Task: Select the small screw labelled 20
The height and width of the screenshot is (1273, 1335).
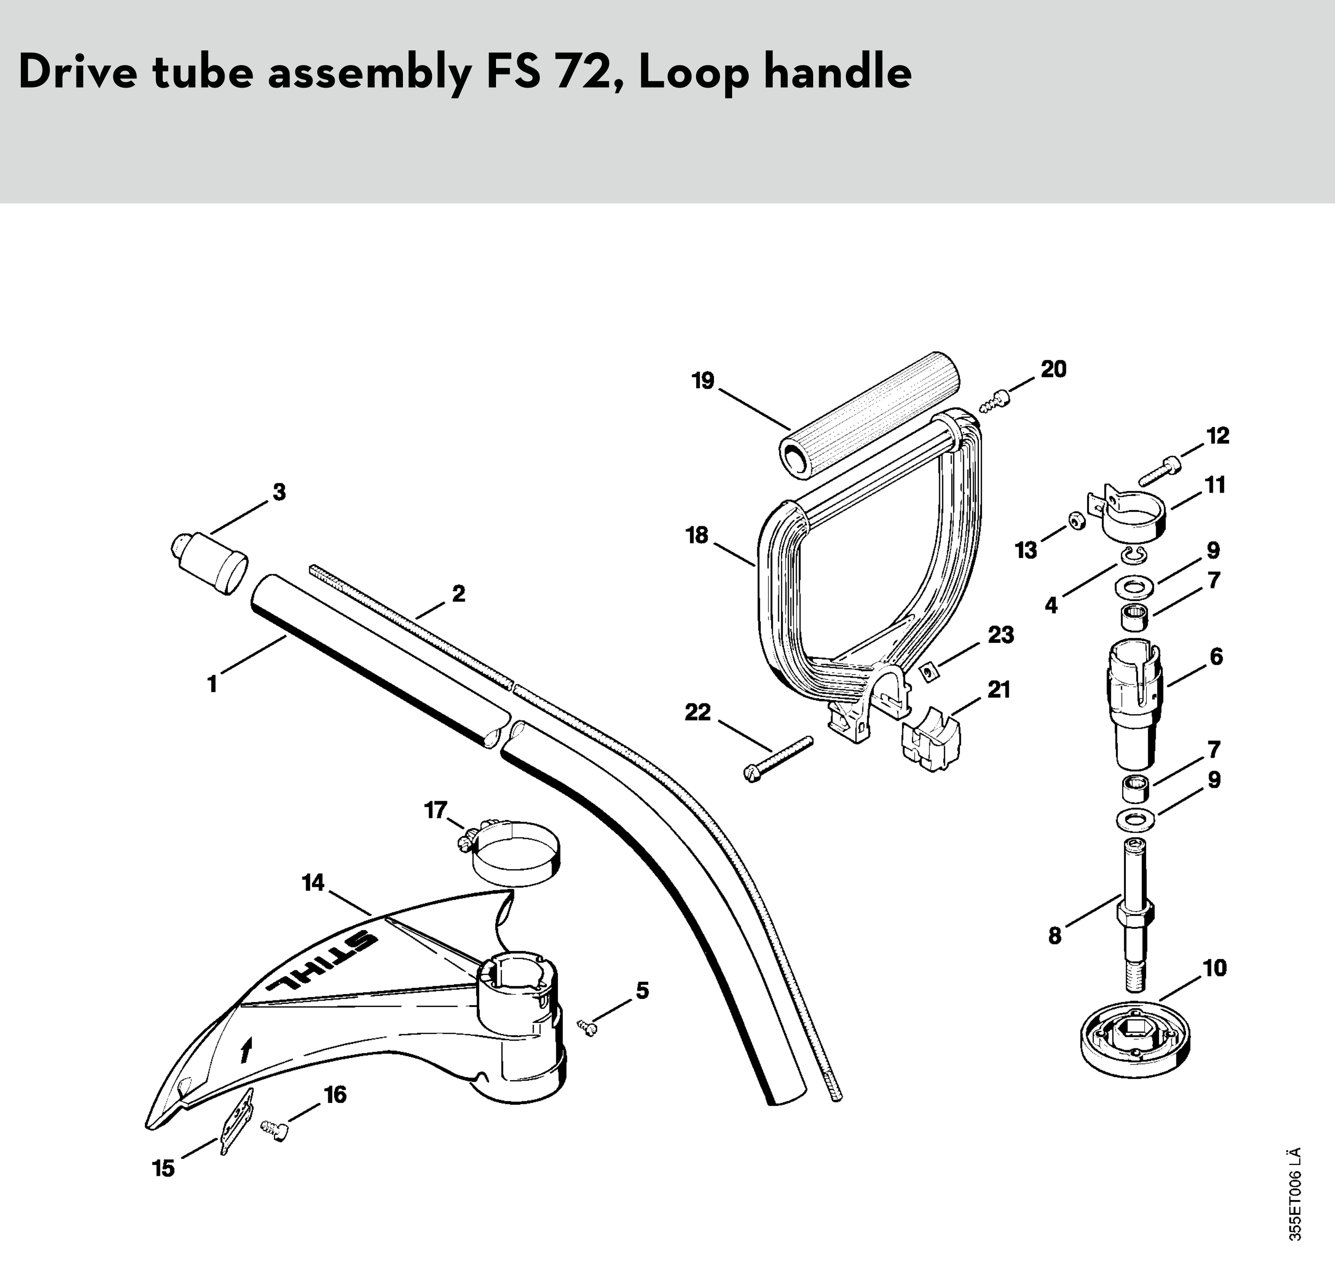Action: tap(995, 402)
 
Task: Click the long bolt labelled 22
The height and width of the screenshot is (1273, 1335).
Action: tap(779, 759)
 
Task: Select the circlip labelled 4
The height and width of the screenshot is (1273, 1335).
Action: tap(1132, 556)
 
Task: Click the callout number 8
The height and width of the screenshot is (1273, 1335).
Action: tap(1054, 936)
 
